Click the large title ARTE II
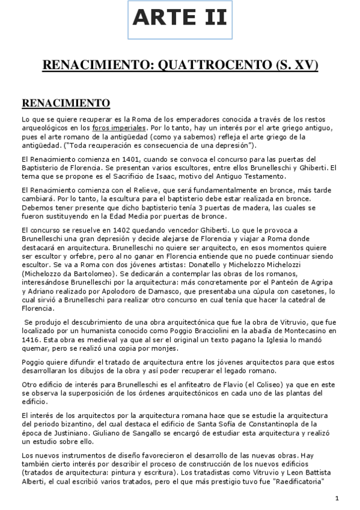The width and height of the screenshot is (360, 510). click(180, 18)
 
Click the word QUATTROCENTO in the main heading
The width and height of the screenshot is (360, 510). click(212, 65)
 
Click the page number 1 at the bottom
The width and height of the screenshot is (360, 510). click(337, 498)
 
